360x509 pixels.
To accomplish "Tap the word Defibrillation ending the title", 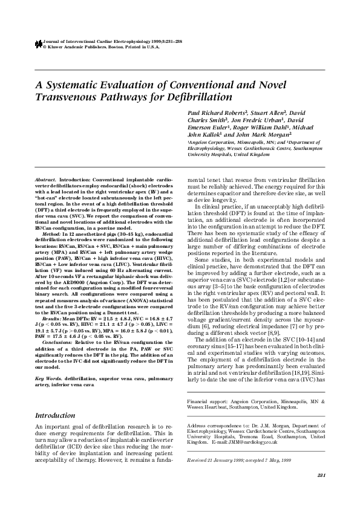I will tap(199, 97).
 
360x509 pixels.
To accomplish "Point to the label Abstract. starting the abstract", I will tap(45, 181).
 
